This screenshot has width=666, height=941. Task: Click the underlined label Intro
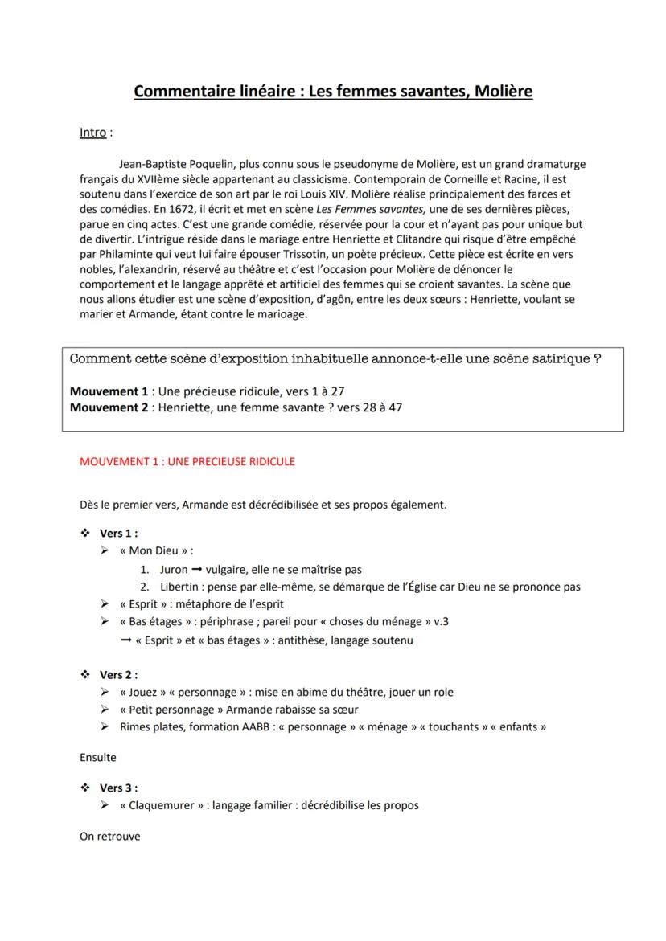pyautogui.click(x=92, y=132)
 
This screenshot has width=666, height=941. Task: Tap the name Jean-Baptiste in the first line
pyautogui.click(x=156, y=164)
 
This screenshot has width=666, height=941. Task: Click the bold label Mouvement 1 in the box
pyautogui.click(x=109, y=391)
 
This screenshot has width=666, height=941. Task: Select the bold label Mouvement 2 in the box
pyautogui.click(x=109, y=407)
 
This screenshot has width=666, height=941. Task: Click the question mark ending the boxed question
pyautogui.click(x=597, y=359)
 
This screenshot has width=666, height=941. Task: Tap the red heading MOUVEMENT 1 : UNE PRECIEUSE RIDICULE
pyautogui.click(x=187, y=462)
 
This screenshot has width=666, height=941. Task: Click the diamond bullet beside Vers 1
pyautogui.click(x=84, y=533)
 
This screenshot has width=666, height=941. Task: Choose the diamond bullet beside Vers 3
pyautogui.click(x=84, y=788)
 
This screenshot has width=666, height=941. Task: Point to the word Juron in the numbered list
pyautogui.click(x=174, y=570)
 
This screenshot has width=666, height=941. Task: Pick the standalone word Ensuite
pyautogui.click(x=98, y=757)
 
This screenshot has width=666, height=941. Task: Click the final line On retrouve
pyautogui.click(x=109, y=836)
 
